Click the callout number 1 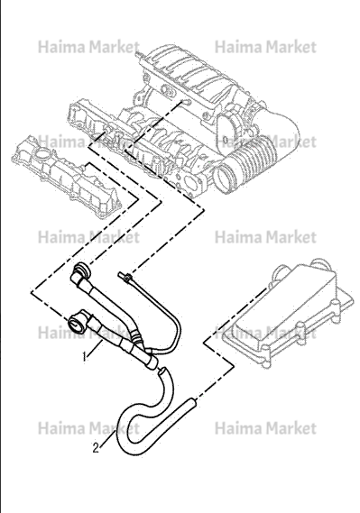85,356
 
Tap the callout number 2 96,447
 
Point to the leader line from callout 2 107,439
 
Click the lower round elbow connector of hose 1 78,321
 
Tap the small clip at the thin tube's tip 126,277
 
